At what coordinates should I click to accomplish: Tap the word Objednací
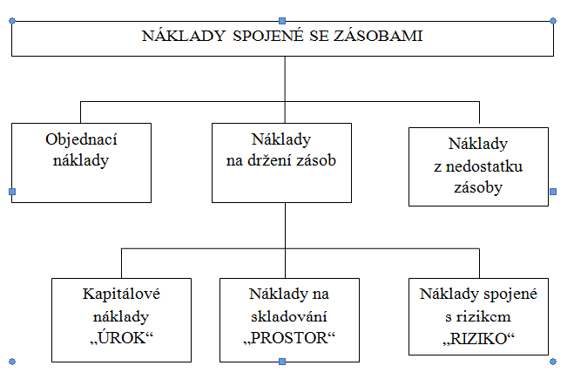81,140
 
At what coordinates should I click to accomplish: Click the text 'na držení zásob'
281,160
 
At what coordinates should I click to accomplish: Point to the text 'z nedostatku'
478,166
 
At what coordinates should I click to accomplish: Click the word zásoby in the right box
478,187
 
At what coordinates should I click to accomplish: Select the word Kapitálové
121,294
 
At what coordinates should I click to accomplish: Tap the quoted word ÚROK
121,338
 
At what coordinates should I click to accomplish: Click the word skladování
289,316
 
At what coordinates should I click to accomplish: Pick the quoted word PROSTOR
289,338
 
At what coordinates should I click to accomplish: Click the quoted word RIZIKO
478,338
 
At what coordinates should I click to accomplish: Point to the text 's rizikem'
477,316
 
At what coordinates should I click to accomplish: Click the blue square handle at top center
282,21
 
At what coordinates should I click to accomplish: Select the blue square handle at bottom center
282,362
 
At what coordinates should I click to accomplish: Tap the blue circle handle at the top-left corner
12,21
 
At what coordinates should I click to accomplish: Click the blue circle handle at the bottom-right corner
553,362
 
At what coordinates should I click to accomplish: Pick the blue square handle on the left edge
12,192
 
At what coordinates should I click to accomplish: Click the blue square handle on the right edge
553,192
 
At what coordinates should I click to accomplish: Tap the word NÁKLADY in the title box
184,36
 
